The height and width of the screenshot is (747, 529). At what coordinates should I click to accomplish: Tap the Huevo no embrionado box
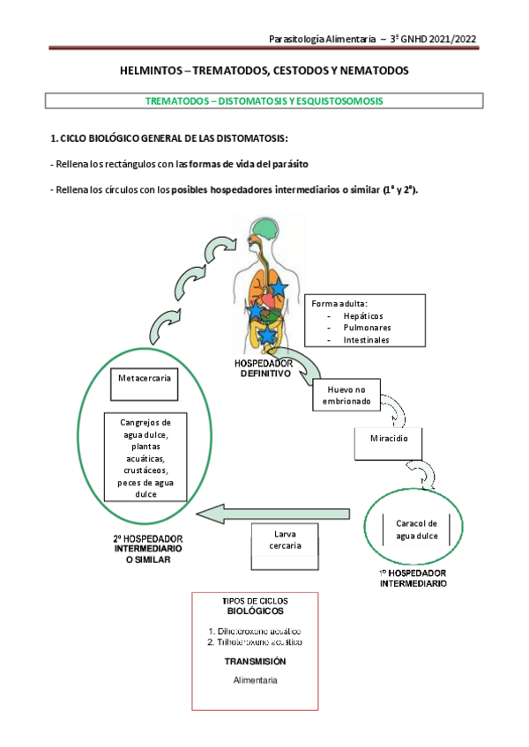(352, 396)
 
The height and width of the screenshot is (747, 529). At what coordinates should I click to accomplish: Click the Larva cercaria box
(283, 539)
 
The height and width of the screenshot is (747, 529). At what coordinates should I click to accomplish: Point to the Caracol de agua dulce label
(416, 529)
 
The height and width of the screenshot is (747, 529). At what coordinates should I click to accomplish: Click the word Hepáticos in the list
(362, 315)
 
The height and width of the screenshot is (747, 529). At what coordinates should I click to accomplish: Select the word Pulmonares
(367, 328)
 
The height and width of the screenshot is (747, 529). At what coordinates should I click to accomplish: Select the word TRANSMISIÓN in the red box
(254, 661)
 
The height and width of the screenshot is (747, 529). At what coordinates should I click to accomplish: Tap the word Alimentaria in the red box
(255, 681)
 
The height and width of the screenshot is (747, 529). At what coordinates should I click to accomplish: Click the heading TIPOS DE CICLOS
(255, 601)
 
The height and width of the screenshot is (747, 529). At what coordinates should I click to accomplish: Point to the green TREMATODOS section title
(264, 100)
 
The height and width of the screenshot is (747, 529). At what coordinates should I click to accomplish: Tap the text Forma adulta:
(339, 303)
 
